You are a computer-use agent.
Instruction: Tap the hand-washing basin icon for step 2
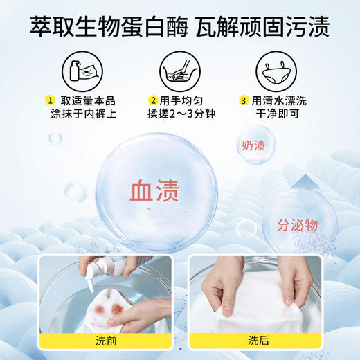pyautogui.click(x=179, y=71)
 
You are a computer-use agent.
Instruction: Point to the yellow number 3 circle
pyautogui.click(x=244, y=98)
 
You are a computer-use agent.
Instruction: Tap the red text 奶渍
pyautogui.click(x=255, y=146)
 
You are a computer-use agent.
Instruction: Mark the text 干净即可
pyautogui.click(x=277, y=114)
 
